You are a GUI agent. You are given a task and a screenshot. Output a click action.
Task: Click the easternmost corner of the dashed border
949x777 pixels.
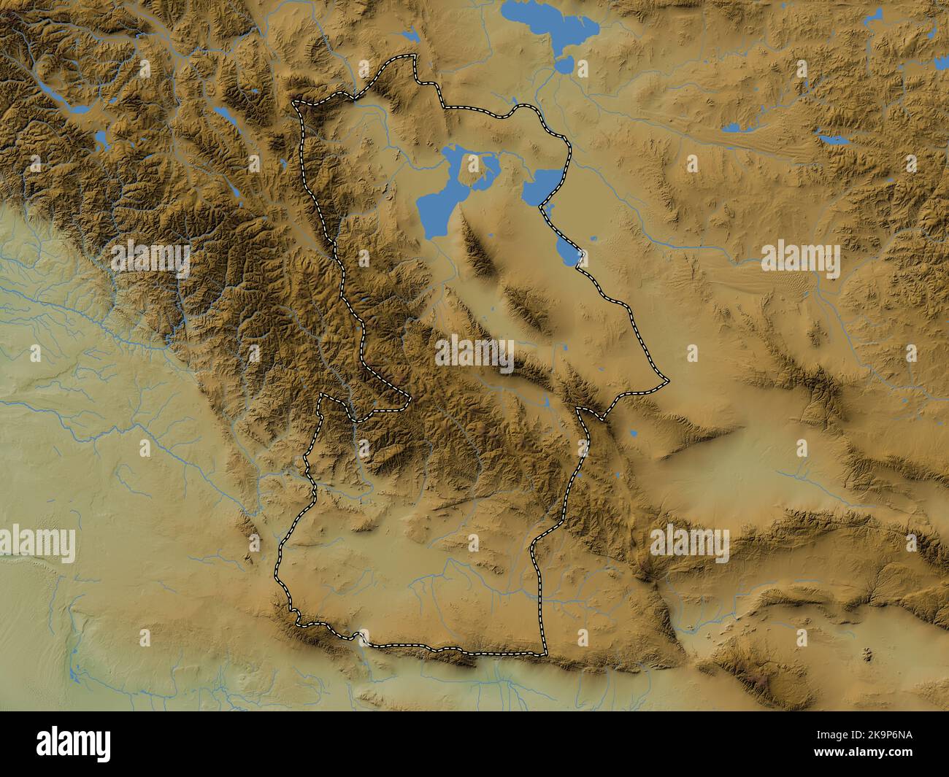667,380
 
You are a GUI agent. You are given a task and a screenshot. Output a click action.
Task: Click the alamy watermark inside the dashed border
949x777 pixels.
475,352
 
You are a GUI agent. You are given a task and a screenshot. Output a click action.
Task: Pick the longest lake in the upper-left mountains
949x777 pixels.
66,102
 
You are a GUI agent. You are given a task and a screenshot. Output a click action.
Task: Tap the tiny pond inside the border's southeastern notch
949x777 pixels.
547,401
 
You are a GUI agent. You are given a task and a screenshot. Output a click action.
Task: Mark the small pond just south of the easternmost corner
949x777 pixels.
634,435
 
